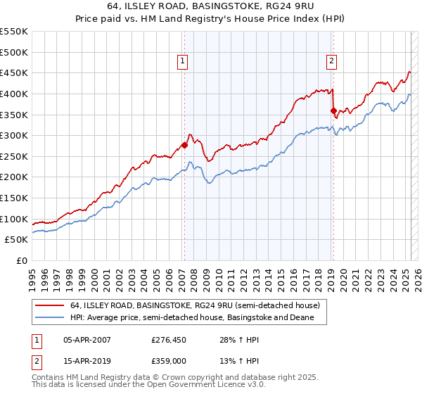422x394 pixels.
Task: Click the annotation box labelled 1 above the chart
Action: [x=182, y=61]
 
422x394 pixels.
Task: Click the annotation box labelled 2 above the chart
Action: [x=331, y=61]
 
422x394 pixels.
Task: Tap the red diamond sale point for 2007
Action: [x=184, y=145]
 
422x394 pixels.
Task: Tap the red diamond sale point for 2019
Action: [x=333, y=110]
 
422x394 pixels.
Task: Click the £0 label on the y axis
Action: [x=21, y=260]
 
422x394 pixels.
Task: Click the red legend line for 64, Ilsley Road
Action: [x=51, y=306]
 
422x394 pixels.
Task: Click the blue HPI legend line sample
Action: [x=51, y=318]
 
